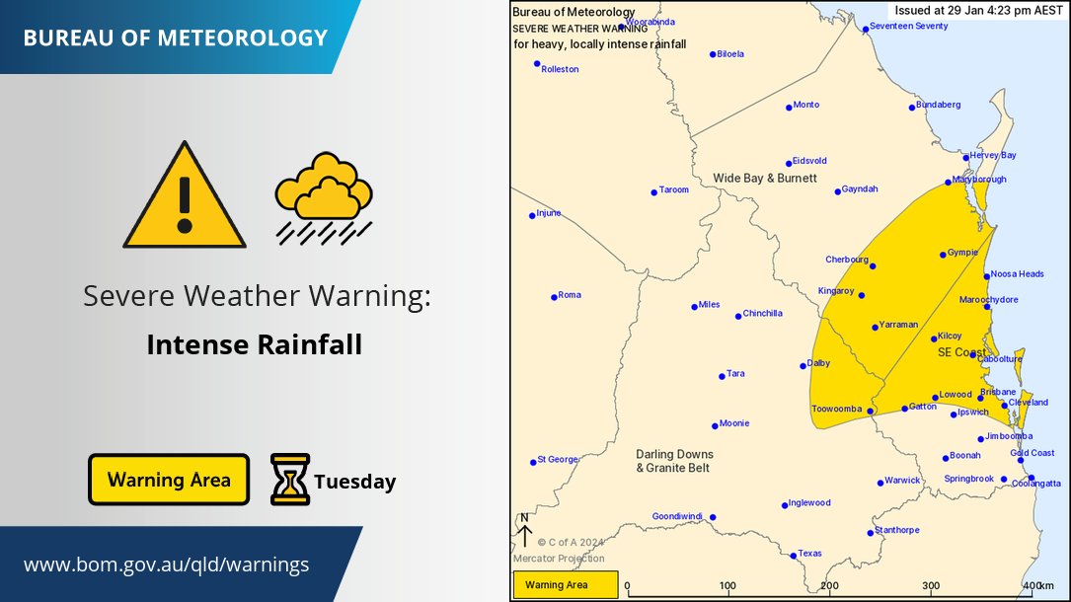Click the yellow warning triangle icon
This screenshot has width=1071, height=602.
click(x=184, y=198)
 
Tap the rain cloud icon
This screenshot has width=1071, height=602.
click(x=324, y=196)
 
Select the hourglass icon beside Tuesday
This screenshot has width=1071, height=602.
click(x=290, y=480)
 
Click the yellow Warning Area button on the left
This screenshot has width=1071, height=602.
click(x=169, y=480)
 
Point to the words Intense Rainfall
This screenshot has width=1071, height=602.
click(x=255, y=345)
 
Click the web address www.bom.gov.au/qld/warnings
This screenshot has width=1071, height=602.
click(x=166, y=564)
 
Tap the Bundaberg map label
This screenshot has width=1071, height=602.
click(x=938, y=104)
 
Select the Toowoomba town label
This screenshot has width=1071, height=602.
click(x=837, y=409)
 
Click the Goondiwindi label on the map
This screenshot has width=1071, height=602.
click(x=679, y=516)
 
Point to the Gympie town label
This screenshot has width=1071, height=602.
click(x=961, y=253)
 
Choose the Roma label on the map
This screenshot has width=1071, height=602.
click(x=570, y=295)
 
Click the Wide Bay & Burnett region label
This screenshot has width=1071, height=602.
click(x=765, y=178)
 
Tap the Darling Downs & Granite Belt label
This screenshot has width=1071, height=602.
click(x=673, y=461)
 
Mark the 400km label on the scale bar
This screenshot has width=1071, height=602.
click(x=1038, y=586)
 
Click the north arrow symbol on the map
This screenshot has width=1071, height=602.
click(x=524, y=530)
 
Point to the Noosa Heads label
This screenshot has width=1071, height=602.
click(x=1017, y=274)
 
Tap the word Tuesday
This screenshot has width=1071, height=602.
click(x=355, y=483)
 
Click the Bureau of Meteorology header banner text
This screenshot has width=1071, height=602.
click(x=175, y=38)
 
